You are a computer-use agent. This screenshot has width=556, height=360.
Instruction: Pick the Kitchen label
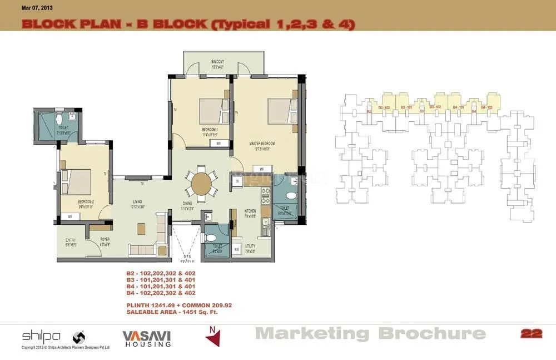pos(250,211)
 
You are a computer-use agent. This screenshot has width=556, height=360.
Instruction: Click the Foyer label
pos(105,240)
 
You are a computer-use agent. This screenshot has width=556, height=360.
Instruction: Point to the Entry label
pos(71,240)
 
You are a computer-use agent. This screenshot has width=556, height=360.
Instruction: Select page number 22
pos(531,334)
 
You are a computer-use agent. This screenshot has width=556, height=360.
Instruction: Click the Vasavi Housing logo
pos(146,338)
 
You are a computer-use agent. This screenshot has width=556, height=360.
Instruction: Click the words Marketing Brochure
pos(370,334)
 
